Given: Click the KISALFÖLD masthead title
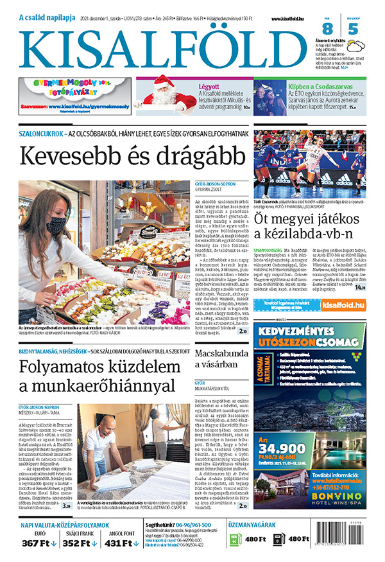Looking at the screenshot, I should pyautogui.click(x=160, y=46).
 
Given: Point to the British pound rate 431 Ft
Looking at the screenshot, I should pyautogui.click(x=121, y=543).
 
